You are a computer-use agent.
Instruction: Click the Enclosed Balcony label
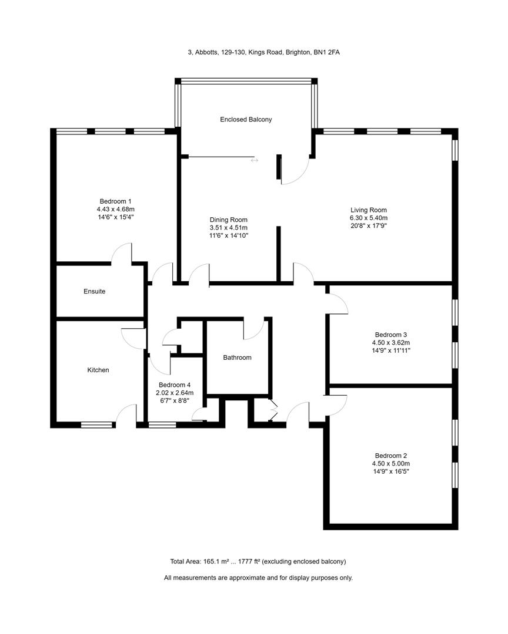(246, 119)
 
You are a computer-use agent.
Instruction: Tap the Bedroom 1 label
(115, 200)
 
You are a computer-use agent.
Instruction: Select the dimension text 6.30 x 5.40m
(369, 218)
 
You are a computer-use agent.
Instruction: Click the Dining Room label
(228, 220)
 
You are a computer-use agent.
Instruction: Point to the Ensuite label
(94, 291)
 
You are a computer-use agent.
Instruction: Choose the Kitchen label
(98, 370)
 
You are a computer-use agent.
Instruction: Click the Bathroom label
(237, 358)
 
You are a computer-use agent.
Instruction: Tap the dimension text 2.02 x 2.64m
(175, 393)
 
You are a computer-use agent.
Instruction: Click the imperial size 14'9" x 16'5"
(390, 471)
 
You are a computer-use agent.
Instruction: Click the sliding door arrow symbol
(254, 160)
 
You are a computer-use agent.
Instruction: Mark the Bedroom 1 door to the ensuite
(122, 254)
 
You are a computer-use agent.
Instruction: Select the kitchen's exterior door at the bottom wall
(126, 414)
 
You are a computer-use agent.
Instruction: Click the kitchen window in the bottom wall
(96, 424)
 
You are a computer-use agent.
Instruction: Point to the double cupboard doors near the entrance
(272, 410)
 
